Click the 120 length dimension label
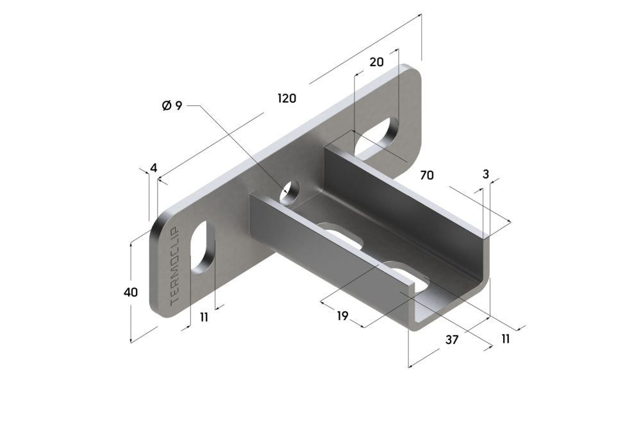point(287,98)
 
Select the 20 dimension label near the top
point(376,62)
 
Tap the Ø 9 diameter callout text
point(172,105)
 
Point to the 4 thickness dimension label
point(153,168)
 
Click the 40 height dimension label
point(130,292)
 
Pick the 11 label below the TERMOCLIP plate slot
point(204,317)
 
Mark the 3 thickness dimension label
point(485,174)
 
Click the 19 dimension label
point(342,315)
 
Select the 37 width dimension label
point(451,340)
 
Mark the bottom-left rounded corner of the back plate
point(158,309)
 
